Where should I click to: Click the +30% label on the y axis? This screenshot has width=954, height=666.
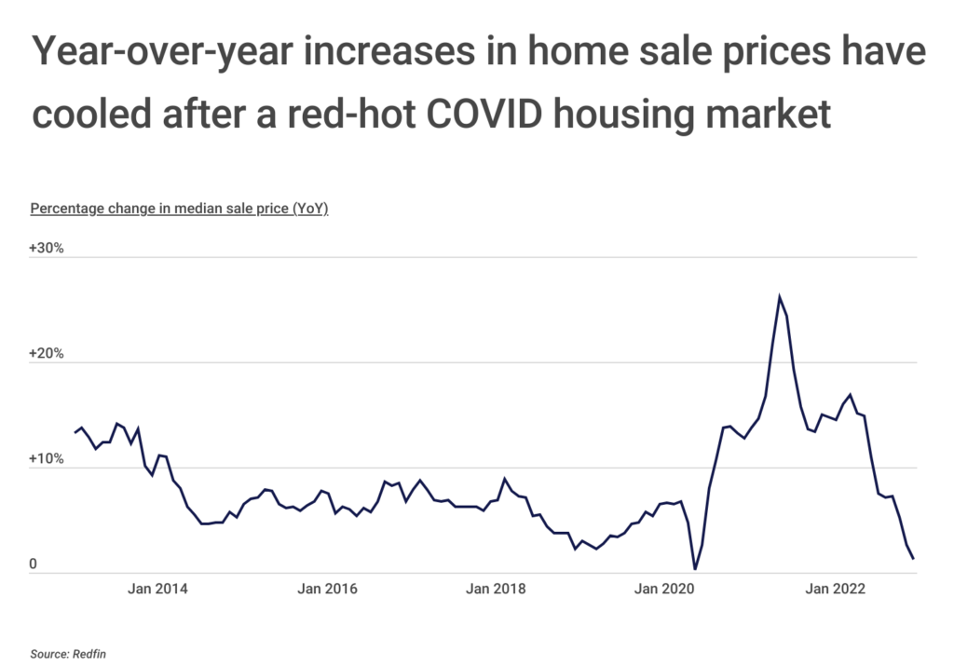coord(46,249)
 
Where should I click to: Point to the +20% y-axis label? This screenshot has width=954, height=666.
coord(46,354)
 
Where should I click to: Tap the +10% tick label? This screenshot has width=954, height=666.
coord(46,459)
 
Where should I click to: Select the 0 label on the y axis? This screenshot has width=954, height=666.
coord(33,564)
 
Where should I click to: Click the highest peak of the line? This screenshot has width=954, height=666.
coord(779,297)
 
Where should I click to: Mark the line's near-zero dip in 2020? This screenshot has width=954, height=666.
coord(695,569)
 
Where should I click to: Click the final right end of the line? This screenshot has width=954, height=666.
coord(914,559)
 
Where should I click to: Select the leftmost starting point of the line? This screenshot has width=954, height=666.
coord(75,432)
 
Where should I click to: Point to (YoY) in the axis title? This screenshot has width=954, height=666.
coord(310,209)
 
